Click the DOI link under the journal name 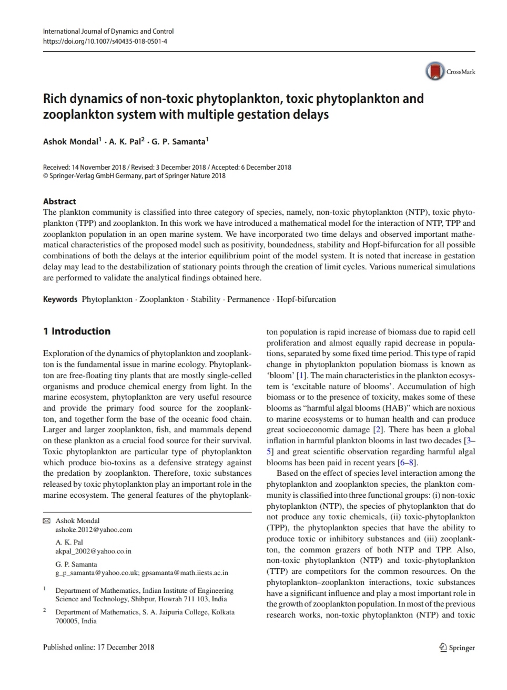pos(105,41)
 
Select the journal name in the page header pos(108,32)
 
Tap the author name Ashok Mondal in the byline pos(70,142)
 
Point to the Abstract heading pos(59,202)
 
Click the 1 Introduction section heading pos(77,331)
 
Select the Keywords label pos(60,299)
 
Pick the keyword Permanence pos(248,299)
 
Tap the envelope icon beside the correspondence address pos(46,521)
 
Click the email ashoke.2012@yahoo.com pos(94,530)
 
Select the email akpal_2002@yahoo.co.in pos(93,551)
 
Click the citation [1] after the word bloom pos(301,375)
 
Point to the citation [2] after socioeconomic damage pos(378,430)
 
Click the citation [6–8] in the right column pos(408,463)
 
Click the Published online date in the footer pos(98,647)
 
